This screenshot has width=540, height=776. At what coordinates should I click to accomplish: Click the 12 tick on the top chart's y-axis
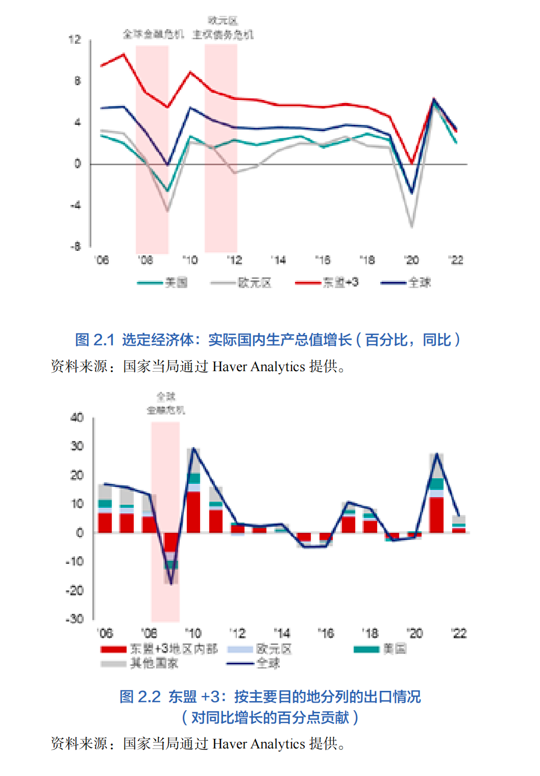coord(75,40)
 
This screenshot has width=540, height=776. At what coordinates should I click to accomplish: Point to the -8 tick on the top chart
coord(75,247)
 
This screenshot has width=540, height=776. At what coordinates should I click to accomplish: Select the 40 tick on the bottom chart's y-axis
coord(77,418)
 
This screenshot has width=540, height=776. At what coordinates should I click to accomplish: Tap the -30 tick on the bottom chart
coord(75,619)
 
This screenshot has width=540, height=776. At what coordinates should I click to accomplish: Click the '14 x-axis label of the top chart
coord(278,261)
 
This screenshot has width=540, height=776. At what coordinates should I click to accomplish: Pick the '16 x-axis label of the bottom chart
coord(325,633)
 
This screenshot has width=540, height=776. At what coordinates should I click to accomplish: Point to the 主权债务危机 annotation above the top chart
coord(223,34)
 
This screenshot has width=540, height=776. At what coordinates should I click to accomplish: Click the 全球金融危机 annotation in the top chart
coord(153,34)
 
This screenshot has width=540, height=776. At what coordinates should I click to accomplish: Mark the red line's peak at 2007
coord(124,54)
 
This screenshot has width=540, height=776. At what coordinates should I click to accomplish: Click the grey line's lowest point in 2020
coord(411,226)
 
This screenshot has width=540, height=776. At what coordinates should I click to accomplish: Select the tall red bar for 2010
coord(193,512)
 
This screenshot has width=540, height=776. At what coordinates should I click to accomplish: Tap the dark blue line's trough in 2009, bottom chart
coord(171,584)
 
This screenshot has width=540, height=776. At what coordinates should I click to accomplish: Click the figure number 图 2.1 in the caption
coord(94,340)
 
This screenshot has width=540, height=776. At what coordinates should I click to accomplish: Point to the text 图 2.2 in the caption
coord(140,696)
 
